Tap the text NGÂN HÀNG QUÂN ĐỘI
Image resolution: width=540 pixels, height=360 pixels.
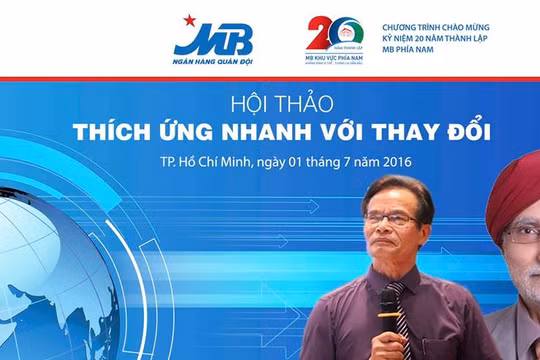(x=213, y=64)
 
